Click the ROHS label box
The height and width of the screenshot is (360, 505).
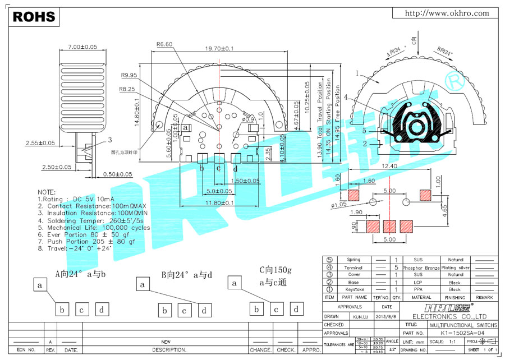tap(34, 17)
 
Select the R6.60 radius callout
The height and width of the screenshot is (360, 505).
tap(165, 44)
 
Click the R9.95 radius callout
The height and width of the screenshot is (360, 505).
tap(129, 75)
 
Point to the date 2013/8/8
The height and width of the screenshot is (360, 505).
tap(387, 316)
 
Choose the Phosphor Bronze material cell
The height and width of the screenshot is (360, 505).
tap(419, 267)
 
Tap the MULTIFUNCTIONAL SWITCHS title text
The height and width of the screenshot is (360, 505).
tap(463, 325)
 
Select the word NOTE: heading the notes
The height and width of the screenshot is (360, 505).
tap(47, 192)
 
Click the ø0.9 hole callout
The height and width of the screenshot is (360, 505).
tap(248, 119)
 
